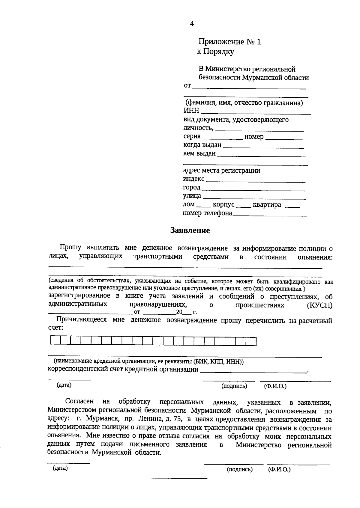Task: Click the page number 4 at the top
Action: coord(192,24)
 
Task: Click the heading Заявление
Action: coord(190,230)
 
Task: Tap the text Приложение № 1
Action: coord(229,42)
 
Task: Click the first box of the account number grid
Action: coord(55,341)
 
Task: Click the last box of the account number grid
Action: coord(251,341)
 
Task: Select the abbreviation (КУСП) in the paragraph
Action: coord(320,305)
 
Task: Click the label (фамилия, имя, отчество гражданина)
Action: coord(244,103)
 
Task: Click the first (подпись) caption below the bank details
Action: coord(234,386)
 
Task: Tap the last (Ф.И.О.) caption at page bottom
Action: coord(279,469)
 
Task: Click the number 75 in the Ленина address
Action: coord(173,419)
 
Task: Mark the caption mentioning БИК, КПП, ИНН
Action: coord(148,362)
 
